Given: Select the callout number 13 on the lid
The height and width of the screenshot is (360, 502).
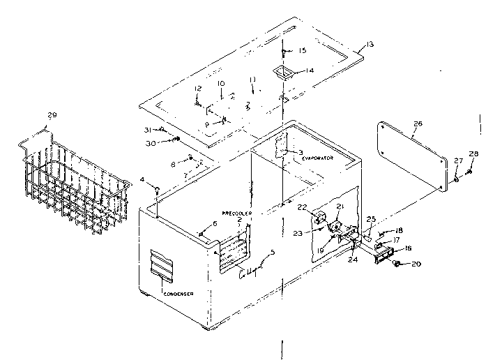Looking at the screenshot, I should (369, 44).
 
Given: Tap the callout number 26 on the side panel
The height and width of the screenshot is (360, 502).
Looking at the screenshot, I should (418, 124).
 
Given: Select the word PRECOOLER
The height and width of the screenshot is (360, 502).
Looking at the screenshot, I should (236, 212).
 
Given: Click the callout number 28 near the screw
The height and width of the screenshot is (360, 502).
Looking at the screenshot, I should (473, 154).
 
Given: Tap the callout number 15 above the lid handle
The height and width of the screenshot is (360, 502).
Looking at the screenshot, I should (302, 50).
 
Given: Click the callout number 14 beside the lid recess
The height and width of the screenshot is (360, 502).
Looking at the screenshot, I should (310, 70).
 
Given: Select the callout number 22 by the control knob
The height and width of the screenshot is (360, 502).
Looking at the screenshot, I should (302, 207).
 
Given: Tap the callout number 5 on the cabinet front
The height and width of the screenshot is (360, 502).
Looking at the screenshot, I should (273, 251).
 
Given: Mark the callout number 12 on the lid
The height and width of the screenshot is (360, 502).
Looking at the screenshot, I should (198, 89).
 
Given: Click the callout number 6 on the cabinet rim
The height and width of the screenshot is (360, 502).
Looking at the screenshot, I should (215, 223).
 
